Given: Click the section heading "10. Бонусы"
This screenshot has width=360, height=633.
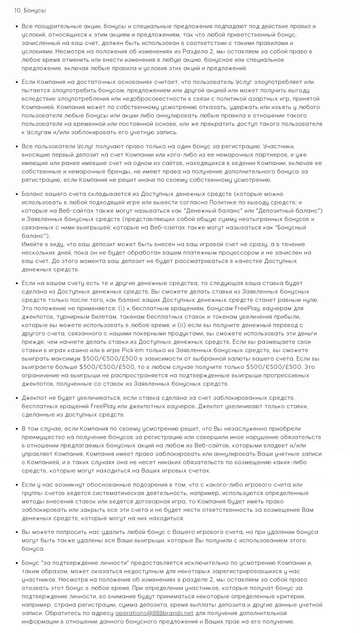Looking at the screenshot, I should [30, 10].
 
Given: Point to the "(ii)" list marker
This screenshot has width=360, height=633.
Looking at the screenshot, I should [182, 325].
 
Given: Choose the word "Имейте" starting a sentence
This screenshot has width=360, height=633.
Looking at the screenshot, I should [32, 244].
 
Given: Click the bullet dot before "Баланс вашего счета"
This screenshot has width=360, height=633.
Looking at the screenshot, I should [17, 194].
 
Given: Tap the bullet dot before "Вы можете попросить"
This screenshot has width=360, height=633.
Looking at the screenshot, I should [17, 532].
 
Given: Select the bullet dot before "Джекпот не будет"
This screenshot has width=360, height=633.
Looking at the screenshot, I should [17, 398].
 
